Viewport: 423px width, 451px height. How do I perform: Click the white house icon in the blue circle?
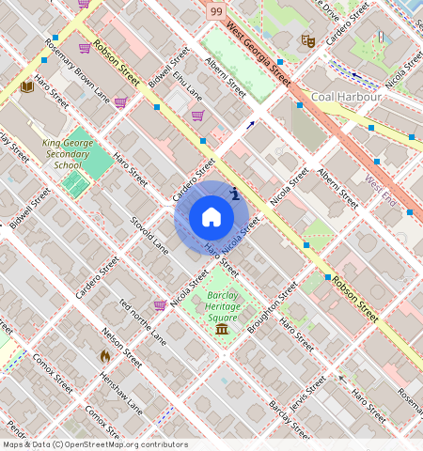click(x=211, y=217)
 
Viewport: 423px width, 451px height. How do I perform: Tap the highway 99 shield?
click(x=217, y=8)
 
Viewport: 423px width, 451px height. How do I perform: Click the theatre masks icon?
click(x=307, y=40)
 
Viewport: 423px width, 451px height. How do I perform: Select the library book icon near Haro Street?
click(x=27, y=86)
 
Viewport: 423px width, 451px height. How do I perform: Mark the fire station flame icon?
click(x=104, y=356)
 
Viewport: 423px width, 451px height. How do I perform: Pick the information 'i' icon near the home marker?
click(x=234, y=194)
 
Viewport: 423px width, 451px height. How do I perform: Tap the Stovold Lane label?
click(x=149, y=234)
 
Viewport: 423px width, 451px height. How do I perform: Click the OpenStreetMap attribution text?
click(x=95, y=444)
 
